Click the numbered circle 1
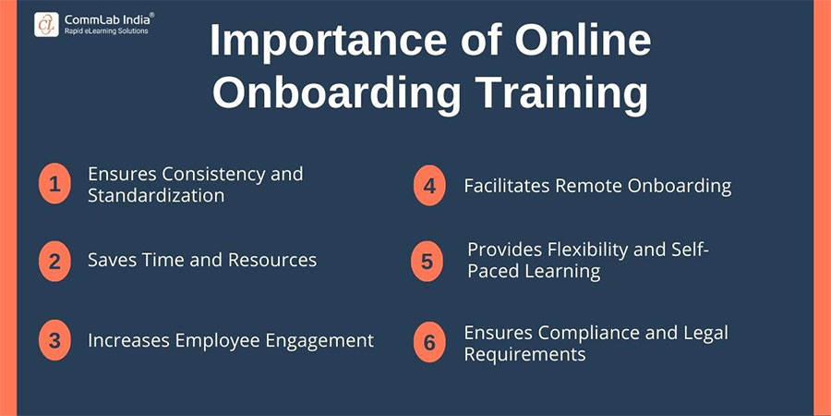point(55,184)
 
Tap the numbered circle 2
point(55,261)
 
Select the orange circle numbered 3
point(55,340)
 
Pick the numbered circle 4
point(428,186)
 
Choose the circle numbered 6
point(428,343)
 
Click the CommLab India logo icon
point(46,23)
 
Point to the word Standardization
point(156,195)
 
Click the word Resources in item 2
point(271,260)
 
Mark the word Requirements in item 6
point(524,354)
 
